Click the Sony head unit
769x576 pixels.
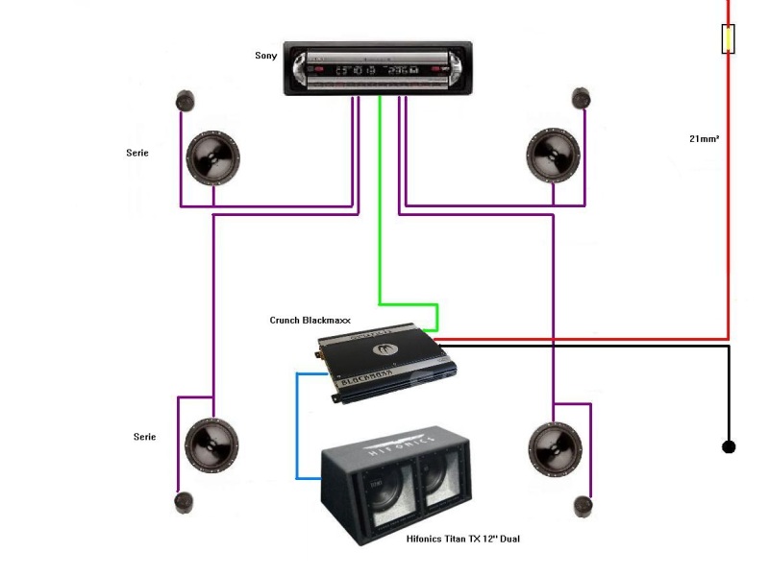pyautogui.click(x=377, y=69)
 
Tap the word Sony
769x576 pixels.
pyautogui.click(x=265, y=56)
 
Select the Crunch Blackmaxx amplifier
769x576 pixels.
pyautogui.click(x=387, y=363)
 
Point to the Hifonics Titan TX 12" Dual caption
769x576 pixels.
pyautogui.click(x=463, y=540)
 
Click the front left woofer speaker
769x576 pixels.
pyautogui.click(x=212, y=156)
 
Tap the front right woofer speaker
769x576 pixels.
pyautogui.click(x=555, y=155)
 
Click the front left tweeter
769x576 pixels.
pyautogui.click(x=186, y=100)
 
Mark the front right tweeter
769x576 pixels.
pyautogui.click(x=581, y=98)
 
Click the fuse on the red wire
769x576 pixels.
pyautogui.click(x=729, y=39)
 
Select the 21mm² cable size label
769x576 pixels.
pyautogui.click(x=704, y=139)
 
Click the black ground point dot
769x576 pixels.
pyautogui.click(x=729, y=446)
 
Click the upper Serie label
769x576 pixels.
pyautogui.click(x=137, y=153)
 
